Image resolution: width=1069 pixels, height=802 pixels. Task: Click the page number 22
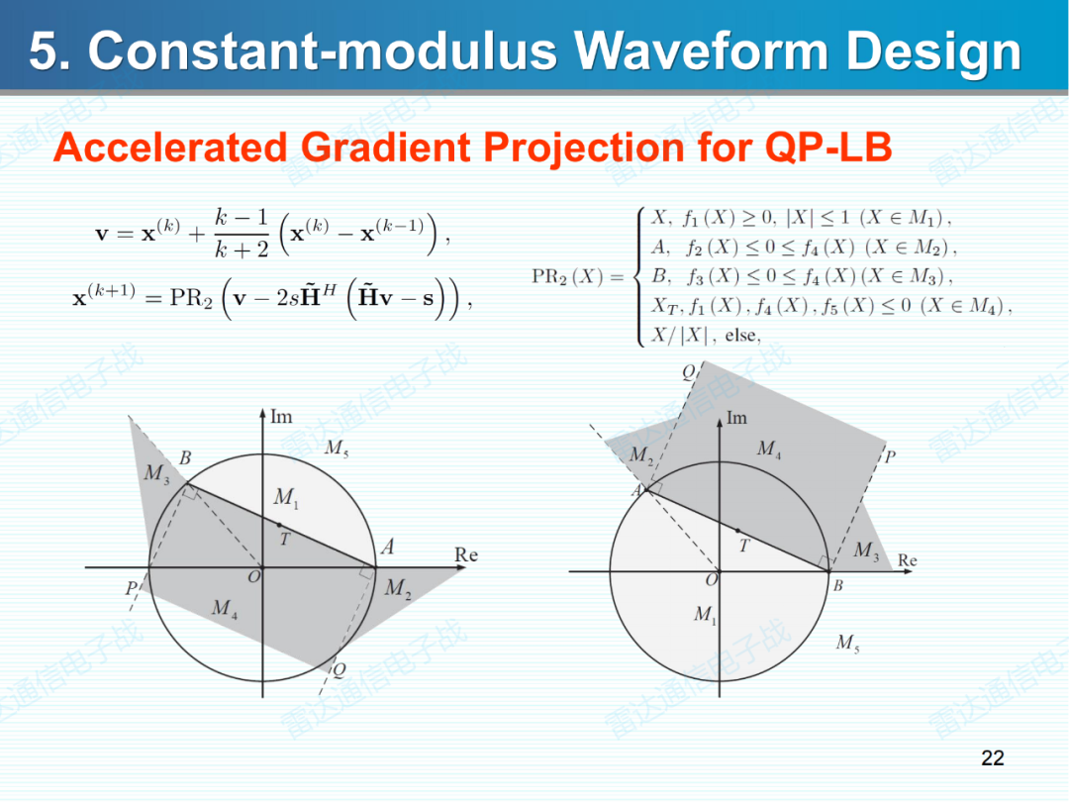[993, 757]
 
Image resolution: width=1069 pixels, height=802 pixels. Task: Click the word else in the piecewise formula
[741, 335]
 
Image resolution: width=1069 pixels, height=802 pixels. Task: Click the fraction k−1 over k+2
[242, 234]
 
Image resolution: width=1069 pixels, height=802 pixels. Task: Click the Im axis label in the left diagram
[281, 416]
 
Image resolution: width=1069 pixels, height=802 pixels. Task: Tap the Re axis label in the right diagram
[907, 559]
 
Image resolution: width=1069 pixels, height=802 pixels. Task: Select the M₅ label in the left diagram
[337, 449]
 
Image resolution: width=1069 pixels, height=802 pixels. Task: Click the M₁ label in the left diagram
[286, 497]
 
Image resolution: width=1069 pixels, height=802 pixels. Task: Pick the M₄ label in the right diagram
[769, 449]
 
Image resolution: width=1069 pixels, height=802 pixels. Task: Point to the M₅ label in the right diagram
[847, 643]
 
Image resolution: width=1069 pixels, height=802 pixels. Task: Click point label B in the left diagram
[185, 457]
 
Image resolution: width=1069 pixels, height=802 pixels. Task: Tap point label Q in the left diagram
[339, 669]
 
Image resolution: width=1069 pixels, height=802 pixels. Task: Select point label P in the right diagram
[890, 456]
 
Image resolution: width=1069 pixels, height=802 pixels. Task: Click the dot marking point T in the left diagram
[279, 525]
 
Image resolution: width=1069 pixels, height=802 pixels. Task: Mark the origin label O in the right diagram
[712, 579]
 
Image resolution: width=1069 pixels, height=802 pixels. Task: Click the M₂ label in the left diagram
[398, 588]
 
